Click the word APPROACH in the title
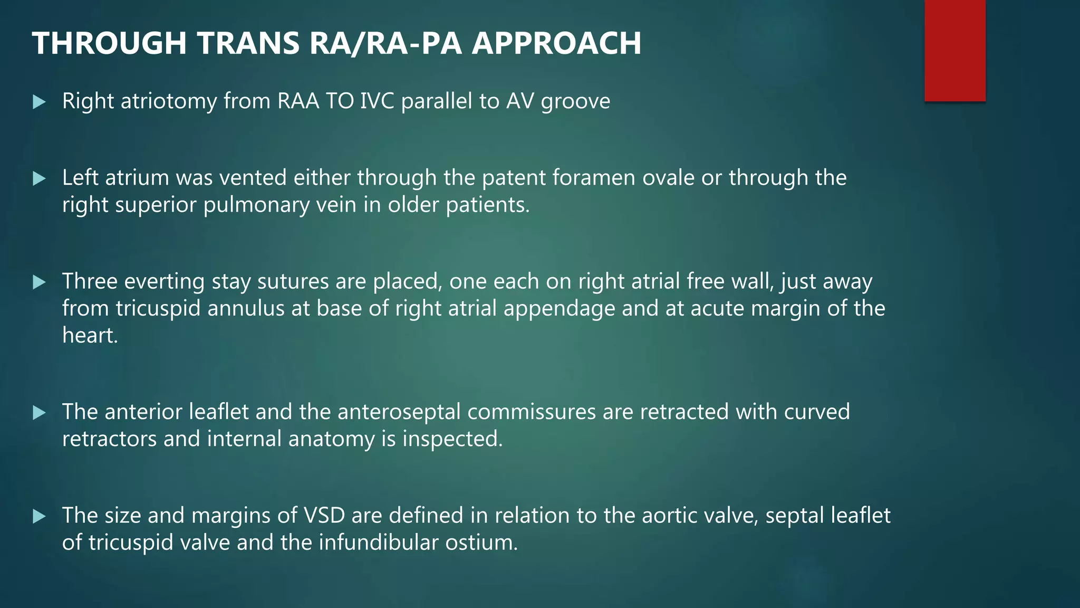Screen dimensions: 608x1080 point(556,43)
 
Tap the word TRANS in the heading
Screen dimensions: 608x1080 point(249,43)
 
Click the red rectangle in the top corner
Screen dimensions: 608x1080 point(954,50)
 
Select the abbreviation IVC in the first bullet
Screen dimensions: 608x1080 point(377,101)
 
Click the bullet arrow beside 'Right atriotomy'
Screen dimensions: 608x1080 point(39,101)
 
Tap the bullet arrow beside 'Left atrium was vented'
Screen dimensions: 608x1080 point(39,178)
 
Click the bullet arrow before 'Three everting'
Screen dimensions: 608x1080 point(39,282)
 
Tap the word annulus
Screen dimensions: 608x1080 point(246,309)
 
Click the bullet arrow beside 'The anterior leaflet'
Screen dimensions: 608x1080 point(39,412)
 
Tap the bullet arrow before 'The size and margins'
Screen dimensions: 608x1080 point(39,516)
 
